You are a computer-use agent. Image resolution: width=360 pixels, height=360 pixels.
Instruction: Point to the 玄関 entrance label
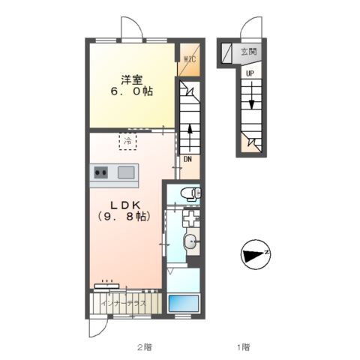point(248,52)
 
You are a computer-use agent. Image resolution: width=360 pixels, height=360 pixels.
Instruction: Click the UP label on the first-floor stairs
point(248,73)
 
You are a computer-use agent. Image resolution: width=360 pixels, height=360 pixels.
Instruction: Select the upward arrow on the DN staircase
point(190,135)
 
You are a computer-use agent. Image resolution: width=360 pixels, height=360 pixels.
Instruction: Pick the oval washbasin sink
point(191,242)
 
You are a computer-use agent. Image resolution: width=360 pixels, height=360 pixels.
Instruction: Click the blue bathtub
point(183,304)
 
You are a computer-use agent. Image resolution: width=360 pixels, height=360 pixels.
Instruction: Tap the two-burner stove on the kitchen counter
point(101,173)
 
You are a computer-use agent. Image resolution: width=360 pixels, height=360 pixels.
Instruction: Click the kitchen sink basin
point(125,173)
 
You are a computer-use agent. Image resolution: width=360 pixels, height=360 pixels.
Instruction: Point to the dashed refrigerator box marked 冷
point(128,141)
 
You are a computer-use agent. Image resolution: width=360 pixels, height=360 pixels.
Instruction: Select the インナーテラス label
point(126,304)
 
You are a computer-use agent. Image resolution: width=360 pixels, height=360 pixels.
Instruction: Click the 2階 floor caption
point(144,346)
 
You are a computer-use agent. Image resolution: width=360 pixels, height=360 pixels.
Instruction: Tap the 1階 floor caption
point(244,346)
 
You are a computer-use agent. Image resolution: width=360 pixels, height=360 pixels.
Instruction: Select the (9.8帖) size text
point(127,218)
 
